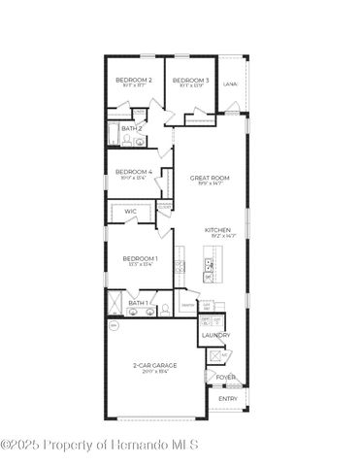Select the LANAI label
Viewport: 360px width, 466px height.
(231, 84)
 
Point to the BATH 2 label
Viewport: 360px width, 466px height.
(132, 127)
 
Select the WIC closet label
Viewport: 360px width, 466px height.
(130, 211)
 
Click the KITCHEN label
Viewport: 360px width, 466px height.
(217, 230)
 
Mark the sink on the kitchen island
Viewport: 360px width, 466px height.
(208, 263)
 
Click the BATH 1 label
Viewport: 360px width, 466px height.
(138, 303)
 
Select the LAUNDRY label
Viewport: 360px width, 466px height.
(215, 335)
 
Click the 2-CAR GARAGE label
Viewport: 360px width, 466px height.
(155, 365)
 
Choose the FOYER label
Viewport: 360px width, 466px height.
(225, 378)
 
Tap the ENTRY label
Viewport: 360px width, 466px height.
(228, 398)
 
